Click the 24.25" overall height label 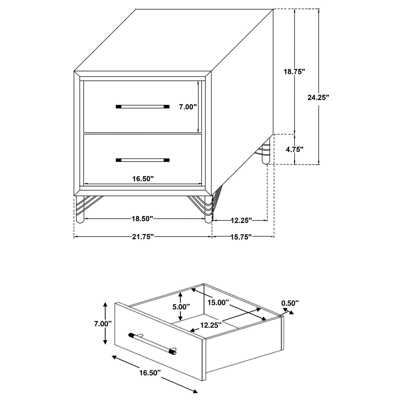coord(318,97)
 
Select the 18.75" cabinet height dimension coord(294,71)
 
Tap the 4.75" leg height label coord(294,149)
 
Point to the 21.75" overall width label coord(143,237)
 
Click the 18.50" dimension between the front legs coord(142,219)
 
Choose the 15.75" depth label coord(241,237)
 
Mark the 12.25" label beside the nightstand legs coord(241,221)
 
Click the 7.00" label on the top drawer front coord(188,107)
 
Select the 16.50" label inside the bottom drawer coord(143,179)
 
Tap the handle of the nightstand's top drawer coord(142,107)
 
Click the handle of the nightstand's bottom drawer coord(142,160)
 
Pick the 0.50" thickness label coord(290,303)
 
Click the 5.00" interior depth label coord(181,307)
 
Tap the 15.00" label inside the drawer coord(218,303)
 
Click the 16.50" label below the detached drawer coord(150,373)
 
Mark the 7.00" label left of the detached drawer coord(103,324)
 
